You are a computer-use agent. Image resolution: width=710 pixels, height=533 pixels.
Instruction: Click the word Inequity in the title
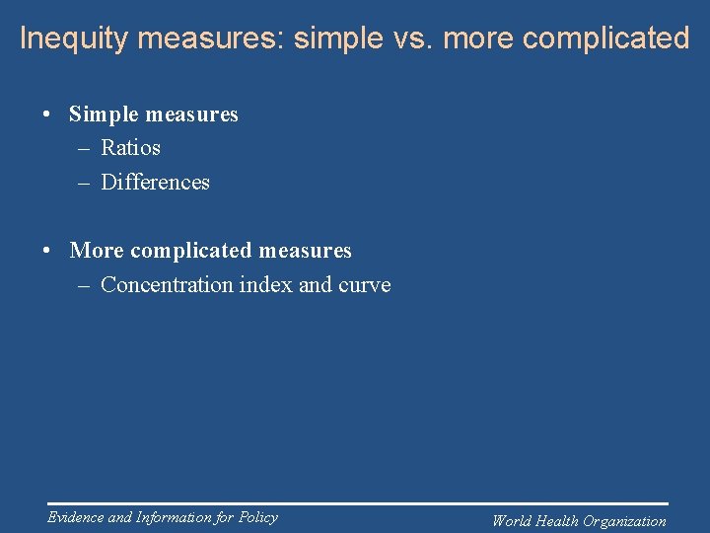click(x=75, y=38)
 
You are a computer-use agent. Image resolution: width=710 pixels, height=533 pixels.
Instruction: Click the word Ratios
click(x=130, y=148)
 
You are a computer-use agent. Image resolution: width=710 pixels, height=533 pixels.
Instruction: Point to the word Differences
click(x=155, y=183)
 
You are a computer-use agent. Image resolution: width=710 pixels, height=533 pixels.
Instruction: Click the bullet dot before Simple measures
click(x=47, y=114)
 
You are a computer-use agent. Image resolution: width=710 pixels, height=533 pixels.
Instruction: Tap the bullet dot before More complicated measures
click(x=47, y=251)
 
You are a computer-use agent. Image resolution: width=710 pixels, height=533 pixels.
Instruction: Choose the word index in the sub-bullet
click(x=260, y=285)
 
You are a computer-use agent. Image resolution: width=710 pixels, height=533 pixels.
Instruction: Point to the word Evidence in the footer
click(x=75, y=517)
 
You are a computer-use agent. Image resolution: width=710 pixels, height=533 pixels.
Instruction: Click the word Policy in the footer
click(x=257, y=517)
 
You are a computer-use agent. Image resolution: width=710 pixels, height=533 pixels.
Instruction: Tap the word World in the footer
click(x=512, y=521)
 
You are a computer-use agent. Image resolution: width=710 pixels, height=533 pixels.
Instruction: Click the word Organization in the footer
click(x=625, y=521)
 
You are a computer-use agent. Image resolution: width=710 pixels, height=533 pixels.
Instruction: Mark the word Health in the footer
click(x=557, y=521)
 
